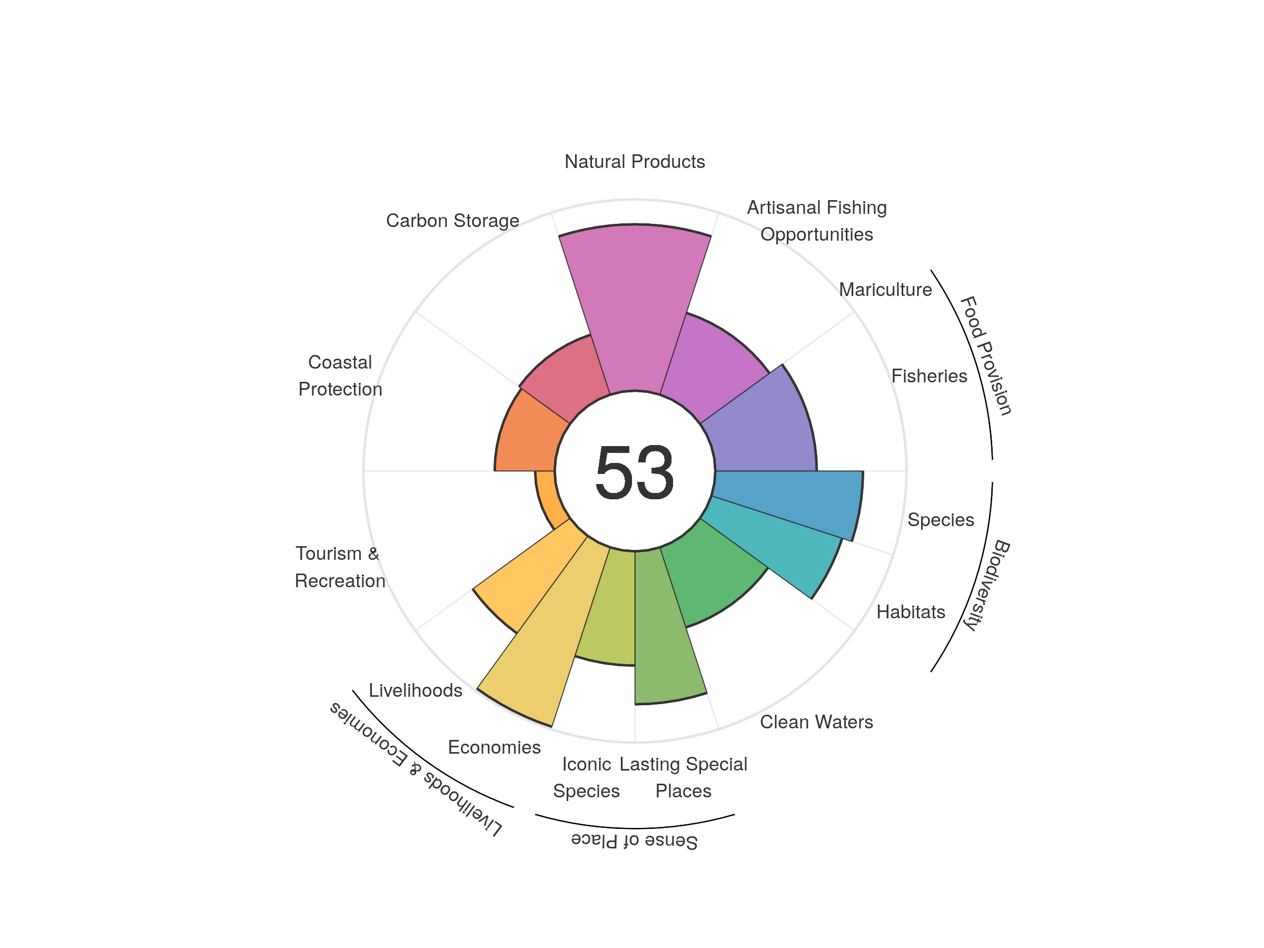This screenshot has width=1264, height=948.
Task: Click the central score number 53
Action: tap(634, 472)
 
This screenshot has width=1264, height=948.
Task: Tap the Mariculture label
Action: tap(885, 290)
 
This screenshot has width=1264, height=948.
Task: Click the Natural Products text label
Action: tap(634, 162)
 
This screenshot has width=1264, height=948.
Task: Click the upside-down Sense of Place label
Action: tap(634, 841)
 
